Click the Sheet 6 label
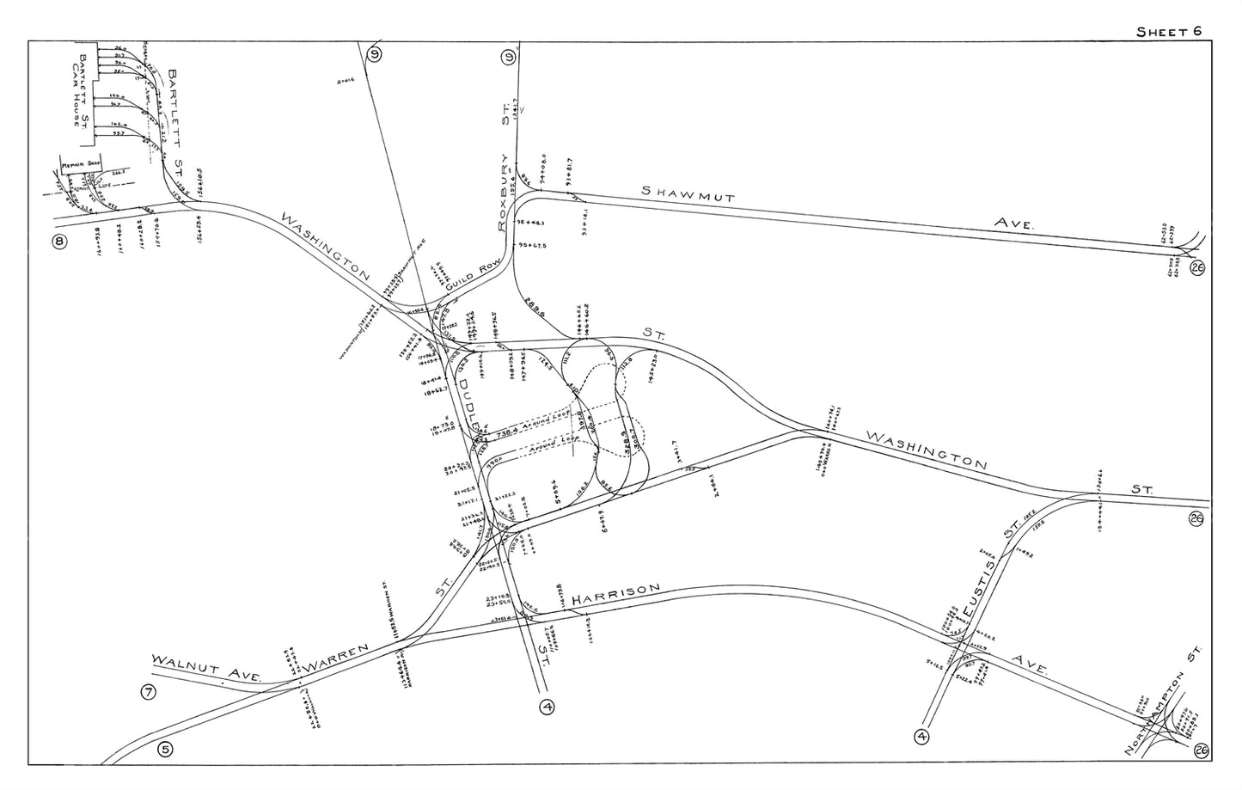pos(1168,32)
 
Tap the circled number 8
pos(58,242)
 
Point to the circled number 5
pos(165,749)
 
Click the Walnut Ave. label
pos(206,670)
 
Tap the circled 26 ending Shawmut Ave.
pos(1197,269)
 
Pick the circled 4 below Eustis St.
pos(922,736)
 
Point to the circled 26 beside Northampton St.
pos(1201,752)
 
